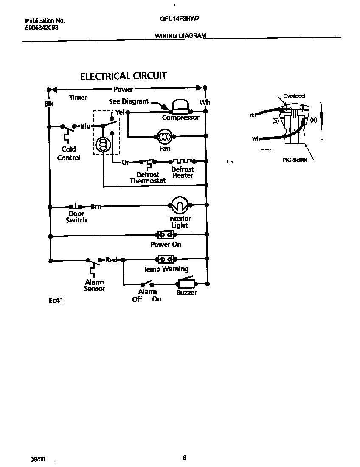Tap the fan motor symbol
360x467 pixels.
point(164,137)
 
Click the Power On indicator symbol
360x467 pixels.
point(166,235)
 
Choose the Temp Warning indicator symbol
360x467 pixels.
point(166,259)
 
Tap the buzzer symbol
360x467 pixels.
point(186,284)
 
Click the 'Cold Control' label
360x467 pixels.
point(69,153)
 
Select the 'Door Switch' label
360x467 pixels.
point(76,217)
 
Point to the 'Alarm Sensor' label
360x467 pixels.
point(95,285)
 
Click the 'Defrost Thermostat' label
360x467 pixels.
point(148,178)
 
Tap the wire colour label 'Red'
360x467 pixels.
point(111,260)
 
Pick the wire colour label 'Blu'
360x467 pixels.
point(86,126)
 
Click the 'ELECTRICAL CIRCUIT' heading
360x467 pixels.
point(124,76)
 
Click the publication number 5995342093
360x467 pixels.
point(42,28)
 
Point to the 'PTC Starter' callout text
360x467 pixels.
point(295,160)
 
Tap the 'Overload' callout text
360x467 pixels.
point(294,96)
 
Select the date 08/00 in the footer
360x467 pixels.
point(37,459)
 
